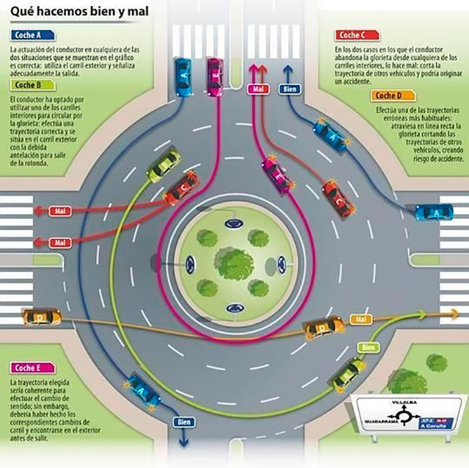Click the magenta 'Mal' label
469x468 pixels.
coord(256,89)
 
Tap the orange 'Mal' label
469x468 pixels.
coord(358,319)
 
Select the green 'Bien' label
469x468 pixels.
coord(369,346)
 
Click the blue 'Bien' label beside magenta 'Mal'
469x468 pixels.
coord(289,89)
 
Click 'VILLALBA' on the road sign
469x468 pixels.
coord(404,402)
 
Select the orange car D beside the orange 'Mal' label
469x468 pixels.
coord(324,327)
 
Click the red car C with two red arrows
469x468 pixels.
coord(178,190)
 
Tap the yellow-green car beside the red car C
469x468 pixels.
coord(163,165)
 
